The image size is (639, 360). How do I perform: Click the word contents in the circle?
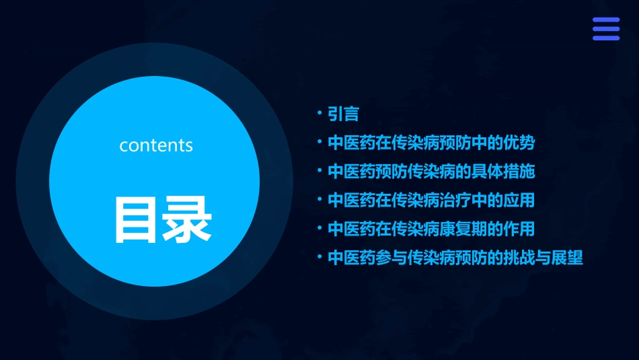[x=156, y=145]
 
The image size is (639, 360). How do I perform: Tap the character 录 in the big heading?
[x=185, y=219]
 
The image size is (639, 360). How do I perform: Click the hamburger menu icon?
[x=605, y=29]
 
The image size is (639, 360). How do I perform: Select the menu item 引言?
[x=343, y=114]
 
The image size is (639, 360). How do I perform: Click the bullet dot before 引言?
[x=320, y=114]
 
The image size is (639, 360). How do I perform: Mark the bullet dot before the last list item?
[x=320, y=257]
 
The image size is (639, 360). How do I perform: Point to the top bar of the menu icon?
[x=605, y=20]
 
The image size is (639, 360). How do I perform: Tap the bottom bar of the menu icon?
[x=605, y=38]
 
